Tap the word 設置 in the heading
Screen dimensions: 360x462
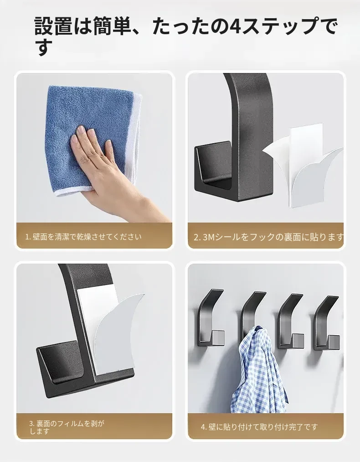coord(54,26)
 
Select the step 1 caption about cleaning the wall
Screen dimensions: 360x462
coord(83,237)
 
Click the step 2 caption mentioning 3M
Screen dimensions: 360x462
coord(268,237)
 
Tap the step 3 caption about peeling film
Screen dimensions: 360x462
coord(67,427)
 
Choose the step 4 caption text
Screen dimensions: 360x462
coord(259,426)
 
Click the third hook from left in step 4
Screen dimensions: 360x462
coord(290,321)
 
